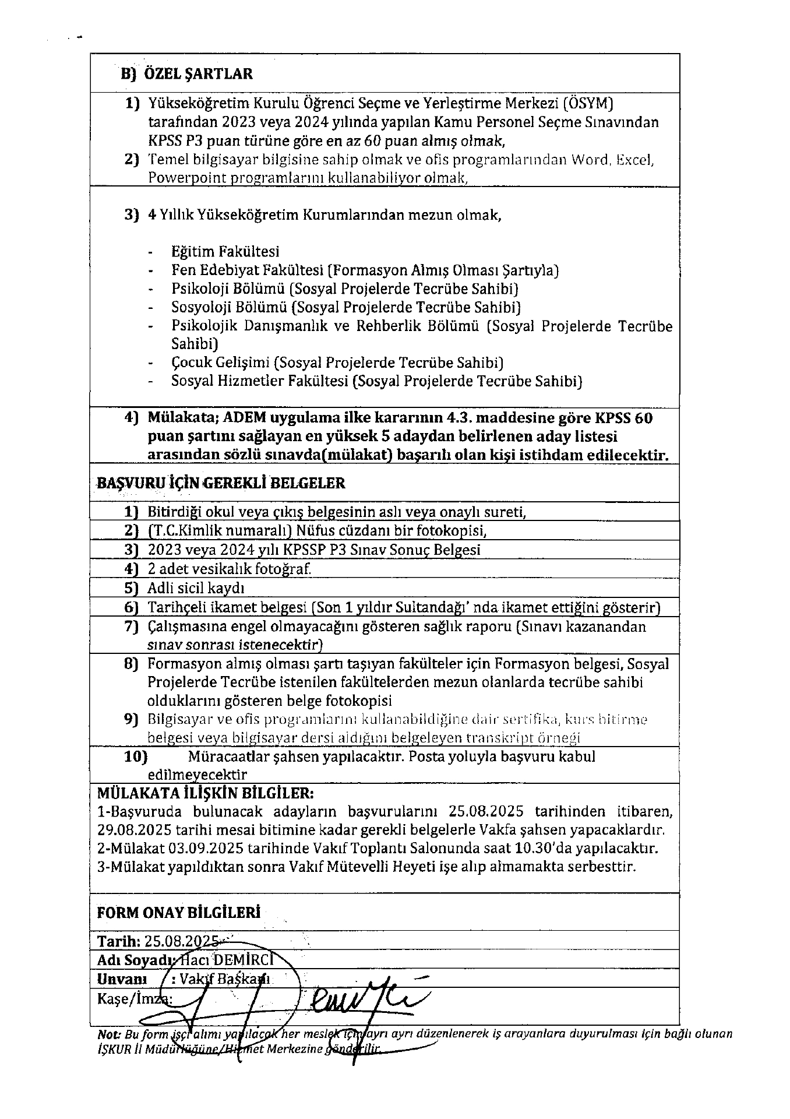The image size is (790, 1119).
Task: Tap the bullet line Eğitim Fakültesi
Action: [x=225, y=251]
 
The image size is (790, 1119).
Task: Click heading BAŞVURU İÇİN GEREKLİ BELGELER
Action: [x=221, y=483]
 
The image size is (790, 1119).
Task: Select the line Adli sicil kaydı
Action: [x=196, y=588]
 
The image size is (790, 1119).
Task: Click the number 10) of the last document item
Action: [x=136, y=756]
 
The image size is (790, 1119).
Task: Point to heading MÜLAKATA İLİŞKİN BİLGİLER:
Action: [x=206, y=793]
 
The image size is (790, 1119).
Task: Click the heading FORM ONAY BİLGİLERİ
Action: [x=178, y=913]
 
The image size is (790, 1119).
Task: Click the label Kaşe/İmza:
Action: [x=134, y=998]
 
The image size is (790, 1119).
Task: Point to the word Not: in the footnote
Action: [x=109, y=1034]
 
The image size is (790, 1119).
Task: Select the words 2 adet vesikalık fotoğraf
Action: [x=229, y=569]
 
